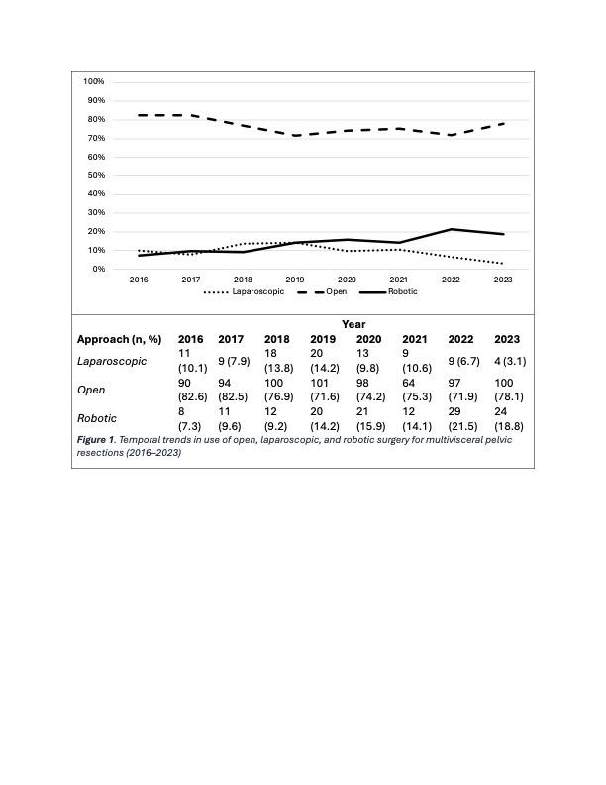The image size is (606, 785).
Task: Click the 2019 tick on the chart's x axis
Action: tap(295, 280)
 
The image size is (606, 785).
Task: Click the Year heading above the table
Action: tap(353, 324)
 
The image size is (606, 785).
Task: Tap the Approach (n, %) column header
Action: tap(120, 339)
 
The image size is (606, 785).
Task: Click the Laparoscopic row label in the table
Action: tap(112, 362)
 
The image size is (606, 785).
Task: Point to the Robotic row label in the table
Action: tap(97, 418)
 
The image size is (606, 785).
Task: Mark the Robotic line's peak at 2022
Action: tap(452, 229)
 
